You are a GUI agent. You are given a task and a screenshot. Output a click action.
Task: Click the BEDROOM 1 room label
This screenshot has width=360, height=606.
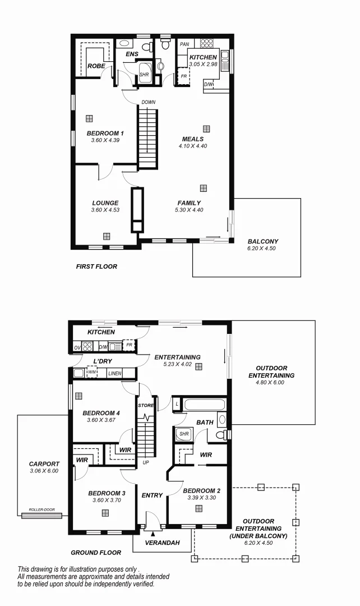point(105,133)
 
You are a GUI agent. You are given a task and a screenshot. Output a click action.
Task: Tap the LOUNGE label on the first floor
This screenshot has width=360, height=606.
point(105,203)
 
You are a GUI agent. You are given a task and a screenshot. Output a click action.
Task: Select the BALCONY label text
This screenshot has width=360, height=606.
point(263,242)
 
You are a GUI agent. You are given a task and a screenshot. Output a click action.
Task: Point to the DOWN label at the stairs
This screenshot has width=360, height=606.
point(149,102)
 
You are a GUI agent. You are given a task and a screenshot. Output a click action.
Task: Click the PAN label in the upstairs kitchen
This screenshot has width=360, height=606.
point(184,44)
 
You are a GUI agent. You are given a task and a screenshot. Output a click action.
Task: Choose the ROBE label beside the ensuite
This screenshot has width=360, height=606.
point(96,66)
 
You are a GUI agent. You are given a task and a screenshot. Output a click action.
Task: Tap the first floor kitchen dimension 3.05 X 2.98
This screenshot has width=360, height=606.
point(202,65)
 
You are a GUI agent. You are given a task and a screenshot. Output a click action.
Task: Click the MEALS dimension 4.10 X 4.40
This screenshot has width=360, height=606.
point(193,146)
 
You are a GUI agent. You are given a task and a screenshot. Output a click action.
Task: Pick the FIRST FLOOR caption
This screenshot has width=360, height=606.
point(96,267)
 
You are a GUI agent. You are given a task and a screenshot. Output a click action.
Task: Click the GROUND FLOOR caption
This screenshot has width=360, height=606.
point(96,553)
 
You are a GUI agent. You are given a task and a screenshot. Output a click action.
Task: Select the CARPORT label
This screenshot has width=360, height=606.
point(44,464)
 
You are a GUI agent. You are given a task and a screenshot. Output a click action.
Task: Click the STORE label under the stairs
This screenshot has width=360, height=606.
point(146,405)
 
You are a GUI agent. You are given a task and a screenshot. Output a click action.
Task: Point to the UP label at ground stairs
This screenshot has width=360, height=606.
point(146,462)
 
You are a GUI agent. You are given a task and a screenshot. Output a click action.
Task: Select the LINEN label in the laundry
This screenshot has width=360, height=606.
point(114,373)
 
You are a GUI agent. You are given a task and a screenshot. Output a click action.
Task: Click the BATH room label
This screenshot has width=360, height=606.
point(204,422)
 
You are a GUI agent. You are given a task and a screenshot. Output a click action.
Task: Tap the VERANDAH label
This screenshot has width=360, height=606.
point(162,543)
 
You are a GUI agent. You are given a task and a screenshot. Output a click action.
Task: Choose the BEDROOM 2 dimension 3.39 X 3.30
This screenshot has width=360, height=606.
point(201,498)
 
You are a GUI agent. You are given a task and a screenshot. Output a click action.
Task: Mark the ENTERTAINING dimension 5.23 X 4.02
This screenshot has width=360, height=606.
point(177,364)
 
